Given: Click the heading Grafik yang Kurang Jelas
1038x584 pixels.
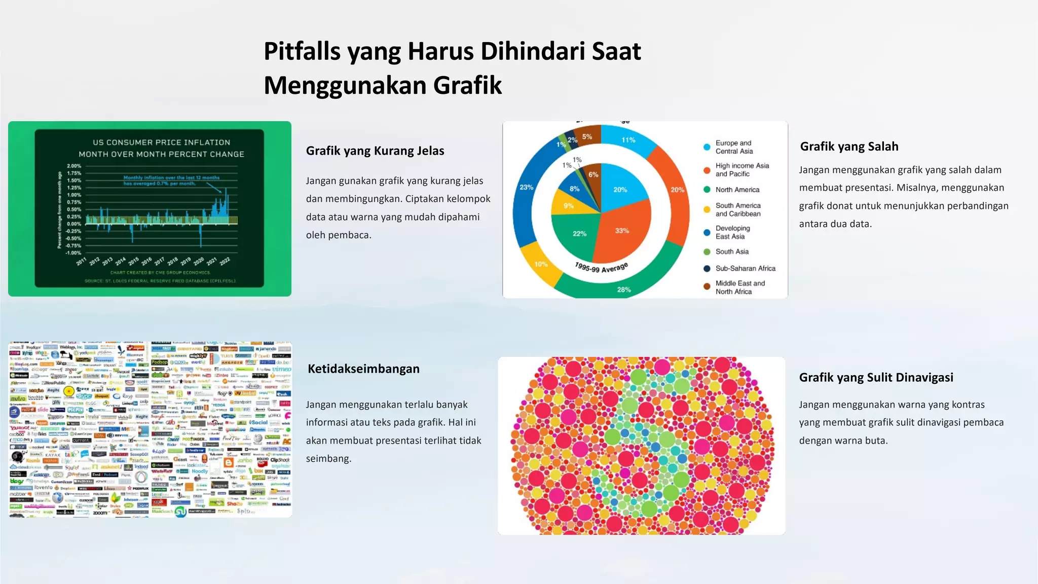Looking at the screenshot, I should (375, 151).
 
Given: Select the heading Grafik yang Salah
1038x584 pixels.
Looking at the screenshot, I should (849, 147).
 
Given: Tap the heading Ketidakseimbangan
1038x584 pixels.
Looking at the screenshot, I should (363, 369).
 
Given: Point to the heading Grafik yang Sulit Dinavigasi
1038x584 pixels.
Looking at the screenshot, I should (876, 377).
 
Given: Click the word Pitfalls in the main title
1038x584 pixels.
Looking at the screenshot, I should (302, 51).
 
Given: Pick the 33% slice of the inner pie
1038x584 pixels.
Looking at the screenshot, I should (622, 231).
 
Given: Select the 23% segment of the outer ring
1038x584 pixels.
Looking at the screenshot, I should (527, 188).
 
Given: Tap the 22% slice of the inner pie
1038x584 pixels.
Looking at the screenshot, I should (579, 234).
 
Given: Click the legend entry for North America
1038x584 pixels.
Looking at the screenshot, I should (737, 190).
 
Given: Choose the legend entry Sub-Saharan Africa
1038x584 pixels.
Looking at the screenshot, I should (745, 268).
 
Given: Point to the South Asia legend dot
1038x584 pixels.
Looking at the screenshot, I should (707, 252).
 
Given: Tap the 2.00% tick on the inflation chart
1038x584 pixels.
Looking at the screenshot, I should (74, 166).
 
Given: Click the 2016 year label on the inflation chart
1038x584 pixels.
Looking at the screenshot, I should (146, 261).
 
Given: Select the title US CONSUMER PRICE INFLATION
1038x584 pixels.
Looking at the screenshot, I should (161, 142).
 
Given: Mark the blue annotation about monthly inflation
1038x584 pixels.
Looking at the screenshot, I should (171, 180).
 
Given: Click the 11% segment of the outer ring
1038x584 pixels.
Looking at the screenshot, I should (628, 140).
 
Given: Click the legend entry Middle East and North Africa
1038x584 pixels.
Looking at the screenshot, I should (739, 287).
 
